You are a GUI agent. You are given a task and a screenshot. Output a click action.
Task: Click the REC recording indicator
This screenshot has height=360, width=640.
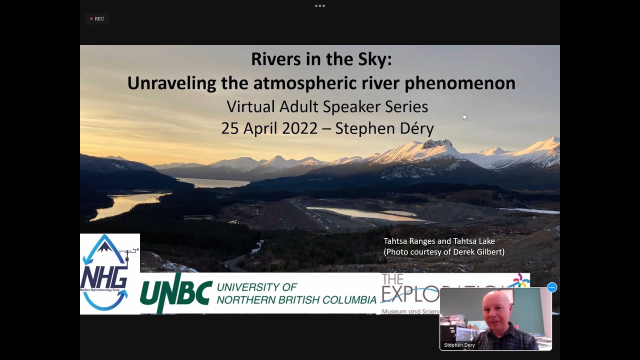(97, 19)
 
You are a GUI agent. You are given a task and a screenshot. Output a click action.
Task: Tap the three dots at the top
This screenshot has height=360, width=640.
(320, 6)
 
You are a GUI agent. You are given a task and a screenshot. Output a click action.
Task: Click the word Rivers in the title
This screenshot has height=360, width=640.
(274, 59)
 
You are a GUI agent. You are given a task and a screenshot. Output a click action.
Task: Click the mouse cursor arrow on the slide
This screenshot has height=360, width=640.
(464, 117)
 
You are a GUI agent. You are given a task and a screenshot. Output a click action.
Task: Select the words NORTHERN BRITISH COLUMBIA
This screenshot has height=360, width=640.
(296, 300)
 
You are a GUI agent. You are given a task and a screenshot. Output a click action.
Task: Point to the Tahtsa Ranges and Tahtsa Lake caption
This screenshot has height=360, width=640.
(438, 241)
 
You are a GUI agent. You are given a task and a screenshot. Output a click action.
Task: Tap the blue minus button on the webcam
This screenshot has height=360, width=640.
(551, 287)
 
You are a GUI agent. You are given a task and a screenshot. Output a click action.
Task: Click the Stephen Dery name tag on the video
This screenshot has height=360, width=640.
(459, 345)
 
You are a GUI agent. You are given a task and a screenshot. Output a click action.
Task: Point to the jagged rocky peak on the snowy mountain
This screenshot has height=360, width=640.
(436, 144)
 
